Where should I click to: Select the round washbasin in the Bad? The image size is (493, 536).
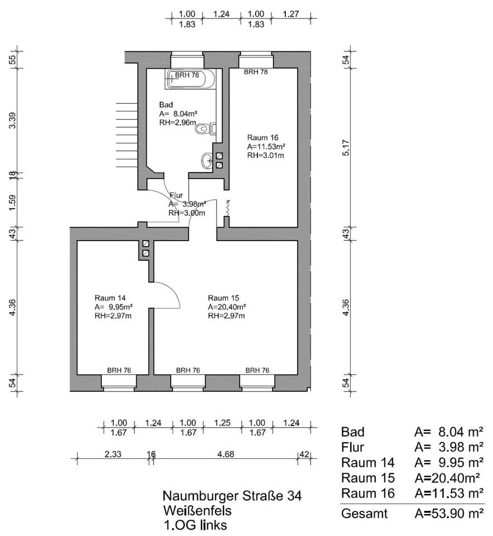click(207, 161)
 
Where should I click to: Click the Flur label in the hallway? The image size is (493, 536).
click(176, 195)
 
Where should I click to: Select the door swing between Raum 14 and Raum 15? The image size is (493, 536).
click(167, 295)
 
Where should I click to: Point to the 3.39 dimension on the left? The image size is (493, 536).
click(12, 120)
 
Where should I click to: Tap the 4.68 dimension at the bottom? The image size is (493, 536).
click(225, 454)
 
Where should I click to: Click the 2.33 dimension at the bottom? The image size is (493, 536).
click(112, 454)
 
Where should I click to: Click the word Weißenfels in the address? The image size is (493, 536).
click(197, 510)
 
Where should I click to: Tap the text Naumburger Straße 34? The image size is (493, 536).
click(232, 496)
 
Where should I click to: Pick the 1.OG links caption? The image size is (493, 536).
click(195, 525)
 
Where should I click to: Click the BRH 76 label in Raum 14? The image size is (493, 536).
click(119, 370)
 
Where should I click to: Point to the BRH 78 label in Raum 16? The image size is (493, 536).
click(256, 72)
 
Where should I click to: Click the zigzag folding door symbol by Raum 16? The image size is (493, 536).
click(227, 207)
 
